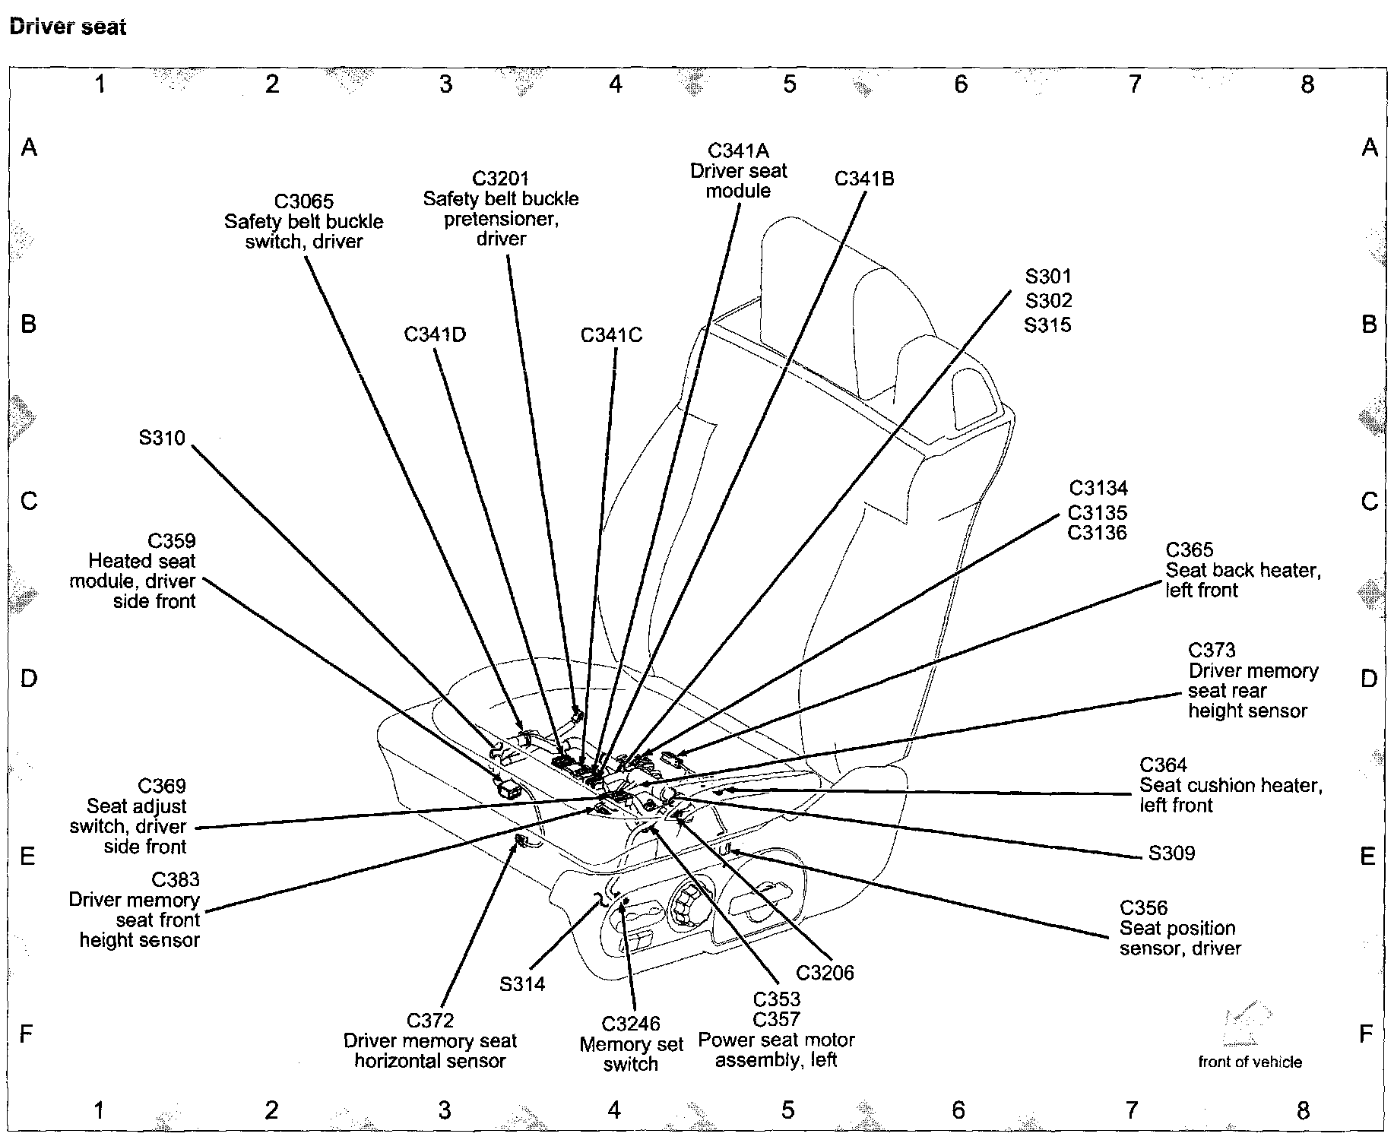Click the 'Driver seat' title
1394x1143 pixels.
(68, 27)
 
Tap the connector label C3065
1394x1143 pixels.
(304, 201)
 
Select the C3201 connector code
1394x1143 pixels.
(500, 179)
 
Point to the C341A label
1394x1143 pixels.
(738, 150)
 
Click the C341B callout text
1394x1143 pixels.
(864, 179)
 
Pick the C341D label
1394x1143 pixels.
(435, 334)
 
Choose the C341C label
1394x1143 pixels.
(611, 335)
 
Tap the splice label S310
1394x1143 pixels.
(162, 438)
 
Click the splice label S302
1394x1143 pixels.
(1048, 300)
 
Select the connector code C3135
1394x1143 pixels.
(1098, 512)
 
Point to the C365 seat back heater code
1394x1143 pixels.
(1190, 549)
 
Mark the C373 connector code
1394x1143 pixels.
(1212, 651)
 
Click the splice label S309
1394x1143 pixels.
(1171, 853)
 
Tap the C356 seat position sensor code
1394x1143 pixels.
(1143, 907)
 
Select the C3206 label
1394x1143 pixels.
(825, 973)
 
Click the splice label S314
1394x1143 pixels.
(522, 984)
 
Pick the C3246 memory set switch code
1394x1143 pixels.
(631, 1024)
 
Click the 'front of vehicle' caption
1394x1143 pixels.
(1250, 1062)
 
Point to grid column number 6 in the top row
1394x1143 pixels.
(961, 84)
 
